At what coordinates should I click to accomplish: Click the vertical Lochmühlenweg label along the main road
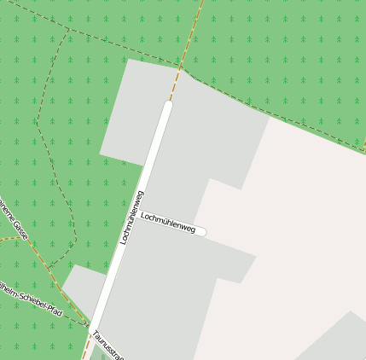[x=131, y=217]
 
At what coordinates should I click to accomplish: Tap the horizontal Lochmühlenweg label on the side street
[x=168, y=224]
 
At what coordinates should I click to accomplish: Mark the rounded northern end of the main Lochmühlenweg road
[x=167, y=106]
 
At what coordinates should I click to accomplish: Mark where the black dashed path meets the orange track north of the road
[x=181, y=67]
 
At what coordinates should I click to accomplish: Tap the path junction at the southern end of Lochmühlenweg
[x=89, y=325]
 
